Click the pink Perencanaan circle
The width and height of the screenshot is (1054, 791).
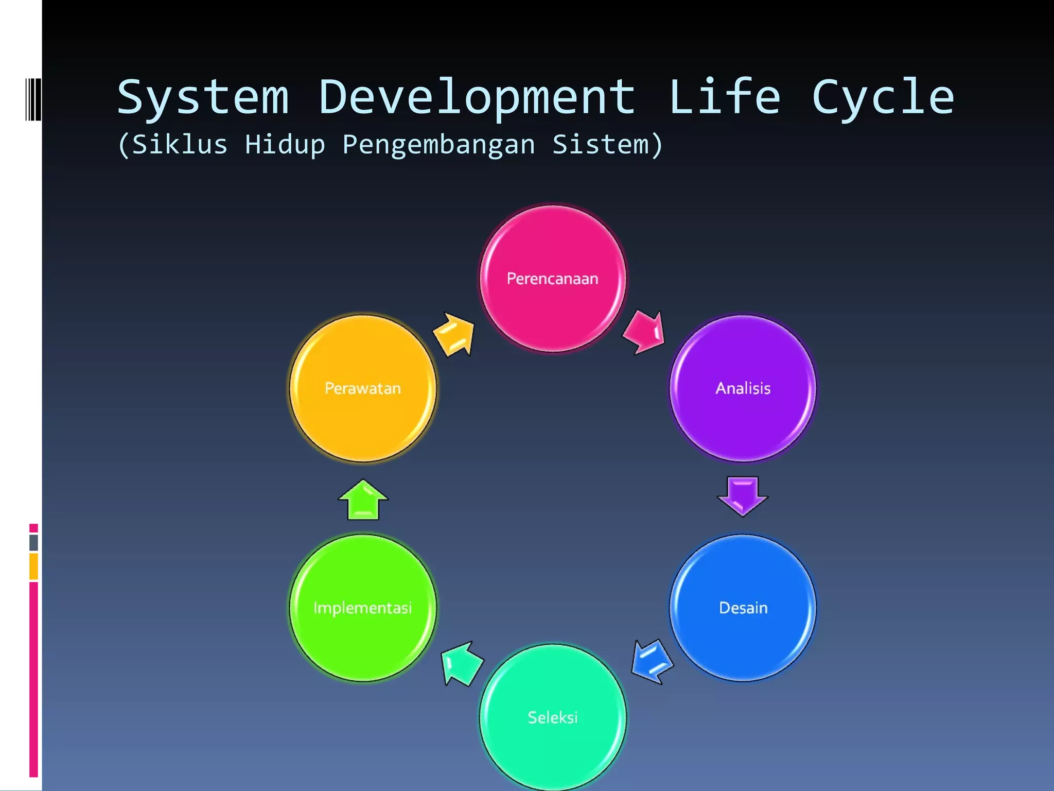pyautogui.click(x=553, y=279)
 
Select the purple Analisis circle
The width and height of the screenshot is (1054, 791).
pyautogui.click(x=743, y=388)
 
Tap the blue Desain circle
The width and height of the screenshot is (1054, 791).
pyautogui.click(x=743, y=608)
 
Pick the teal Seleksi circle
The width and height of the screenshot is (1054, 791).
pyautogui.click(x=553, y=717)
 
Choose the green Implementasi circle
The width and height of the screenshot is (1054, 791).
pyautogui.click(x=363, y=608)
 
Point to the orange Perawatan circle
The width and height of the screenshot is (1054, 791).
pyautogui.click(x=363, y=388)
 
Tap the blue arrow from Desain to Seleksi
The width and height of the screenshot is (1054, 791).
pyautogui.click(x=652, y=662)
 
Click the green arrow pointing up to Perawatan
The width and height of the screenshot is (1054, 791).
pyautogui.click(x=363, y=500)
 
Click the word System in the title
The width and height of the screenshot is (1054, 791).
pyautogui.click(x=203, y=98)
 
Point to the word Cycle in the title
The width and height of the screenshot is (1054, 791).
pyautogui.click(x=883, y=98)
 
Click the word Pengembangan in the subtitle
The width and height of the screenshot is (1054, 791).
pyautogui.click(x=438, y=145)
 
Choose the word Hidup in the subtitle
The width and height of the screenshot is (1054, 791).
pyautogui.click(x=285, y=145)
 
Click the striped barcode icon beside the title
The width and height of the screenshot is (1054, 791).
pyautogui.click(x=33, y=99)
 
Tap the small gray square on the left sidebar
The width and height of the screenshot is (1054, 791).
pyautogui.click(x=33, y=542)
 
